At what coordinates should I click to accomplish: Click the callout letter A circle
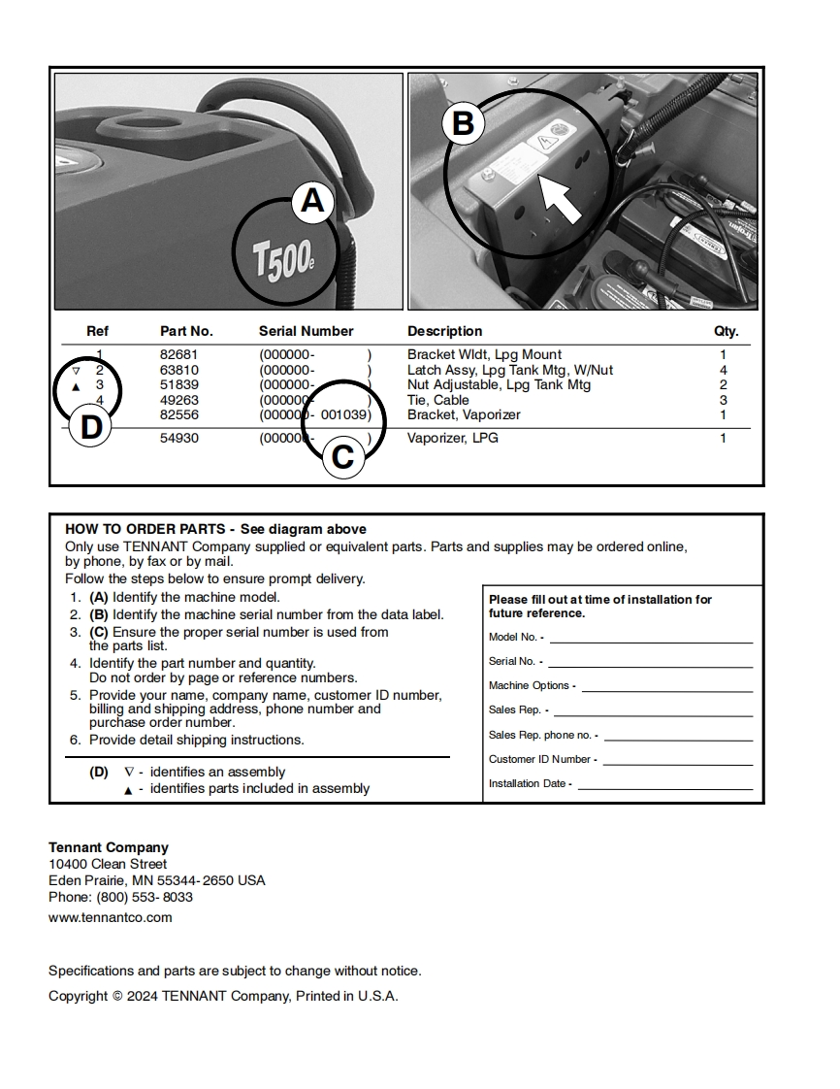tap(312, 201)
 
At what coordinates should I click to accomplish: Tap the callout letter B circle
tap(463, 124)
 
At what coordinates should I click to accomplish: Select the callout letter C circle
tap(342, 456)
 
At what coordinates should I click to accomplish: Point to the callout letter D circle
tap(90, 428)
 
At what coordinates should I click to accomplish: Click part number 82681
tap(178, 355)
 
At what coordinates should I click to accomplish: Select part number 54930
tap(178, 439)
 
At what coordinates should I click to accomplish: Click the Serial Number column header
tap(306, 331)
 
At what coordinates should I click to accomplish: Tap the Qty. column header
tap(726, 331)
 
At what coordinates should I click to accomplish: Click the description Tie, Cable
tap(437, 400)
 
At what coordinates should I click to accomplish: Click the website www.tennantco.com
tap(111, 917)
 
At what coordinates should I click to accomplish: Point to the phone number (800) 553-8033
tap(145, 897)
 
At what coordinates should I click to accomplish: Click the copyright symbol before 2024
tap(117, 996)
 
